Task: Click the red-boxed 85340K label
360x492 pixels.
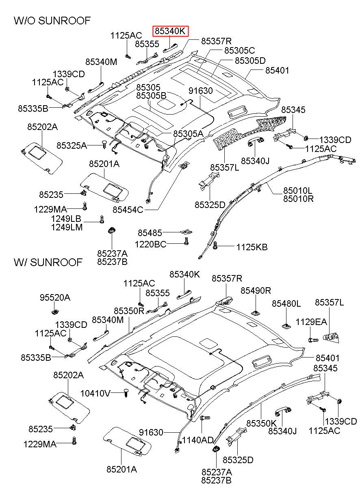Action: tap(171, 31)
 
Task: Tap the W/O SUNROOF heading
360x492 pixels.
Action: tap(52, 21)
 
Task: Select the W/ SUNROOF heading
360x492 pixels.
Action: tap(48, 262)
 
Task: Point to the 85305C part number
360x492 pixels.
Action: tap(239, 50)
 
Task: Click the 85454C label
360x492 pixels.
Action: tap(128, 210)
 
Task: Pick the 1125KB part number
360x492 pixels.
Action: tap(252, 247)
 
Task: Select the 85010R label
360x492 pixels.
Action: tap(298, 199)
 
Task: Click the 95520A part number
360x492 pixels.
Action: tap(55, 298)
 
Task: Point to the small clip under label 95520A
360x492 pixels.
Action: tap(55, 311)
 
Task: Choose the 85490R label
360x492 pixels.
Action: tap(256, 290)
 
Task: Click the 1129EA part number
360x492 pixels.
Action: tap(311, 322)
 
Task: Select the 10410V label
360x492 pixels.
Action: tap(95, 393)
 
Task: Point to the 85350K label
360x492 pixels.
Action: tap(261, 423)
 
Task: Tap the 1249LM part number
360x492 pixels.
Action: tap(67, 228)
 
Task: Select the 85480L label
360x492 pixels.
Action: tap(286, 304)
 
